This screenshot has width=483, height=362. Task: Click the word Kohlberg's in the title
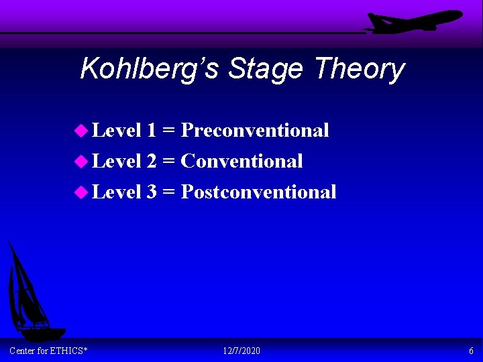[x=150, y=68]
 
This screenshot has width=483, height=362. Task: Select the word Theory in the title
[x=360, y=68]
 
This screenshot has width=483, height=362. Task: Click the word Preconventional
[x=255, y=130]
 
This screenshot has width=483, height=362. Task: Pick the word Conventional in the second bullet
[x=241, y=161]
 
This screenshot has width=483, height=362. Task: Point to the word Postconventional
[x=258, y=192]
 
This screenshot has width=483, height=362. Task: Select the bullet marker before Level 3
[x=81, y=192]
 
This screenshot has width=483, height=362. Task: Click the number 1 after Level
[x=152, y=130]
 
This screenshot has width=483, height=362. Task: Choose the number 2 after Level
[x=152, y=161]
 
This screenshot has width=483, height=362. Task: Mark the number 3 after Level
[x=152, y=192]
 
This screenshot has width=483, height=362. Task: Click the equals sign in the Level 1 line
[x=169, y=131]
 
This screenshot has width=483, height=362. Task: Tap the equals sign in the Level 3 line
[x=169, y=192]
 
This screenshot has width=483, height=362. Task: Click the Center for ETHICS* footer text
[x=48, y=351]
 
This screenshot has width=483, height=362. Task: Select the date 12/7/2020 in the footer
[x=241, y=351]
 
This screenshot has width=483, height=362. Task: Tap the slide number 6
[x=471, y=351]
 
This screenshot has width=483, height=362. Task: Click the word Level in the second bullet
[x=116, y=161]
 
